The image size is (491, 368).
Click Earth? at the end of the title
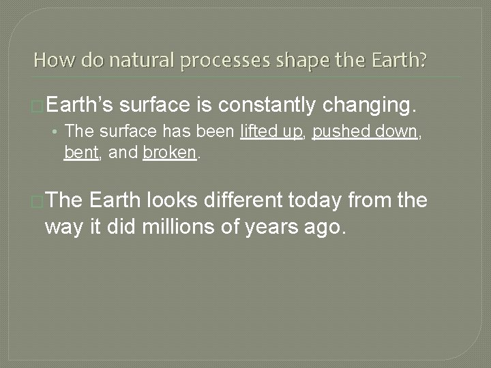point(401,61)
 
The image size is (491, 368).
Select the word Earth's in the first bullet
point(82,106)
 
